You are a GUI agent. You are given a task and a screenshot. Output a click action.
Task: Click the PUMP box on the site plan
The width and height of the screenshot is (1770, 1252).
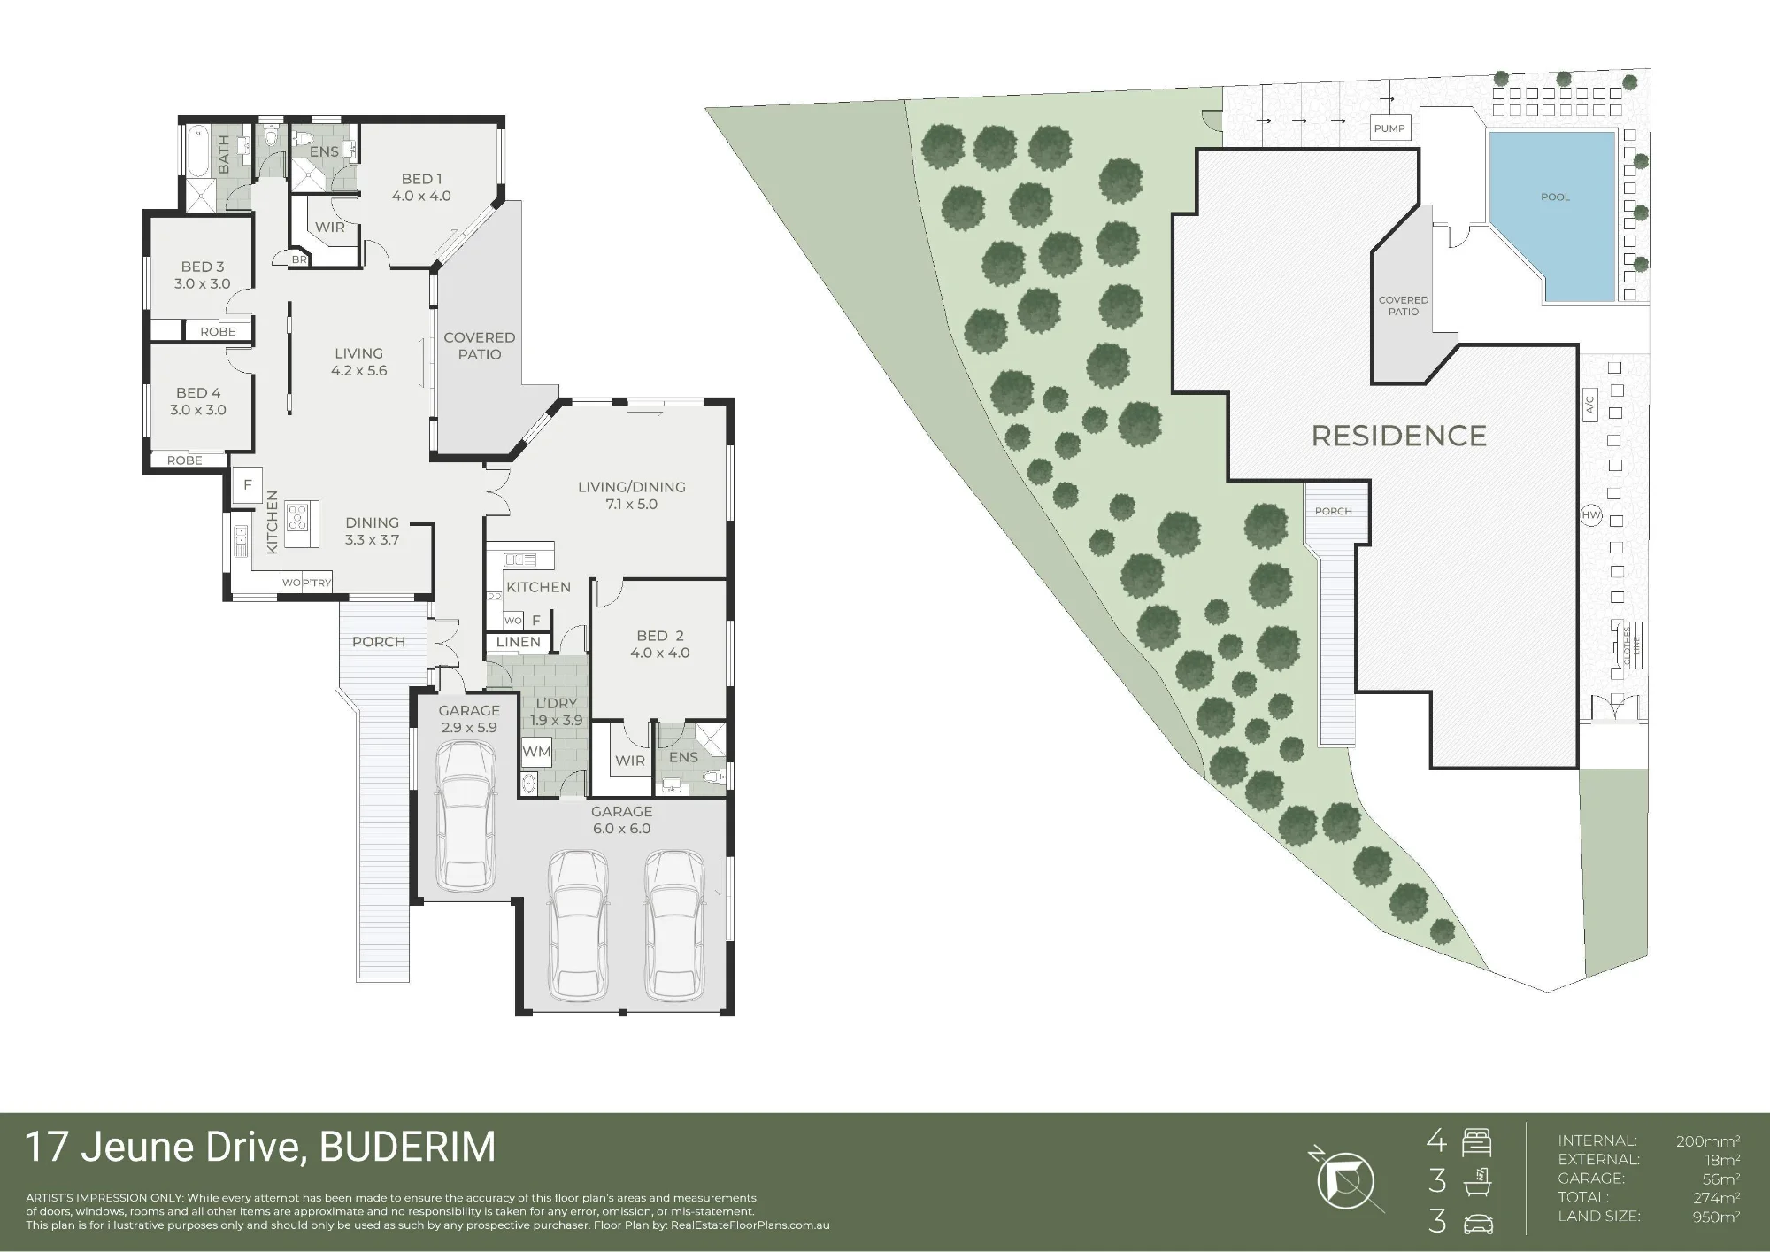1389,128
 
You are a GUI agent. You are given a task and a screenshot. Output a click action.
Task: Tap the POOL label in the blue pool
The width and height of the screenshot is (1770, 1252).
1555,197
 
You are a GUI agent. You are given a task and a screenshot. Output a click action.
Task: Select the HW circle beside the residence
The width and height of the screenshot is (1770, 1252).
1591,514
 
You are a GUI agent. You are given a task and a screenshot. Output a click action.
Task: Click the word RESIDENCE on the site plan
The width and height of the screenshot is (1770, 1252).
1398,436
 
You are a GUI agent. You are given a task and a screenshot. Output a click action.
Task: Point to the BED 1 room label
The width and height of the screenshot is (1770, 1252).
422,179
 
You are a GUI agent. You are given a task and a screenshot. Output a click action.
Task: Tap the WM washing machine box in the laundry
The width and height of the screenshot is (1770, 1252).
536,753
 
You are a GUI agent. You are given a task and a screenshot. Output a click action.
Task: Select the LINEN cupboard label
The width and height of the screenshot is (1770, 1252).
519,642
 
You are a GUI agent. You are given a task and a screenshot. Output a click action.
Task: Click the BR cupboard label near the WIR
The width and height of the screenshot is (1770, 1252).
299,260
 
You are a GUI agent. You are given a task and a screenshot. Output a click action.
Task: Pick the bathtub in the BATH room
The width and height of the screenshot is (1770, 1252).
196,152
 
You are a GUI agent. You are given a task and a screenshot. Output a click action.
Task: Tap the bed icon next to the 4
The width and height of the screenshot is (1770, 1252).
1477,1142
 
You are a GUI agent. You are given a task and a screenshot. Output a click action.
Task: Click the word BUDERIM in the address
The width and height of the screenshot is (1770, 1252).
407,1148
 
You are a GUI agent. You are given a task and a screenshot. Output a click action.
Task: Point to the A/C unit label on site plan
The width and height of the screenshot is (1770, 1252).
1589,406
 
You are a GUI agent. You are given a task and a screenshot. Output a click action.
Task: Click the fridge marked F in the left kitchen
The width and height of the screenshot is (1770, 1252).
248,484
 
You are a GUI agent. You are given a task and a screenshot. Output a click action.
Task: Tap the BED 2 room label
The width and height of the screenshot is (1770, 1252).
660,636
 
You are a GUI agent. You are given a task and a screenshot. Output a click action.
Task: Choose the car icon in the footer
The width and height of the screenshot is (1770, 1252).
1478,1225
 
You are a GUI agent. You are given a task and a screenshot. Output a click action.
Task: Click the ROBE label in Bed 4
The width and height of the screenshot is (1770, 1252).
185,460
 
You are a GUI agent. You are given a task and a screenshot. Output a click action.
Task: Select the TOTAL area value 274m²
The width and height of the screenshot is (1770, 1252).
1716,1197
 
